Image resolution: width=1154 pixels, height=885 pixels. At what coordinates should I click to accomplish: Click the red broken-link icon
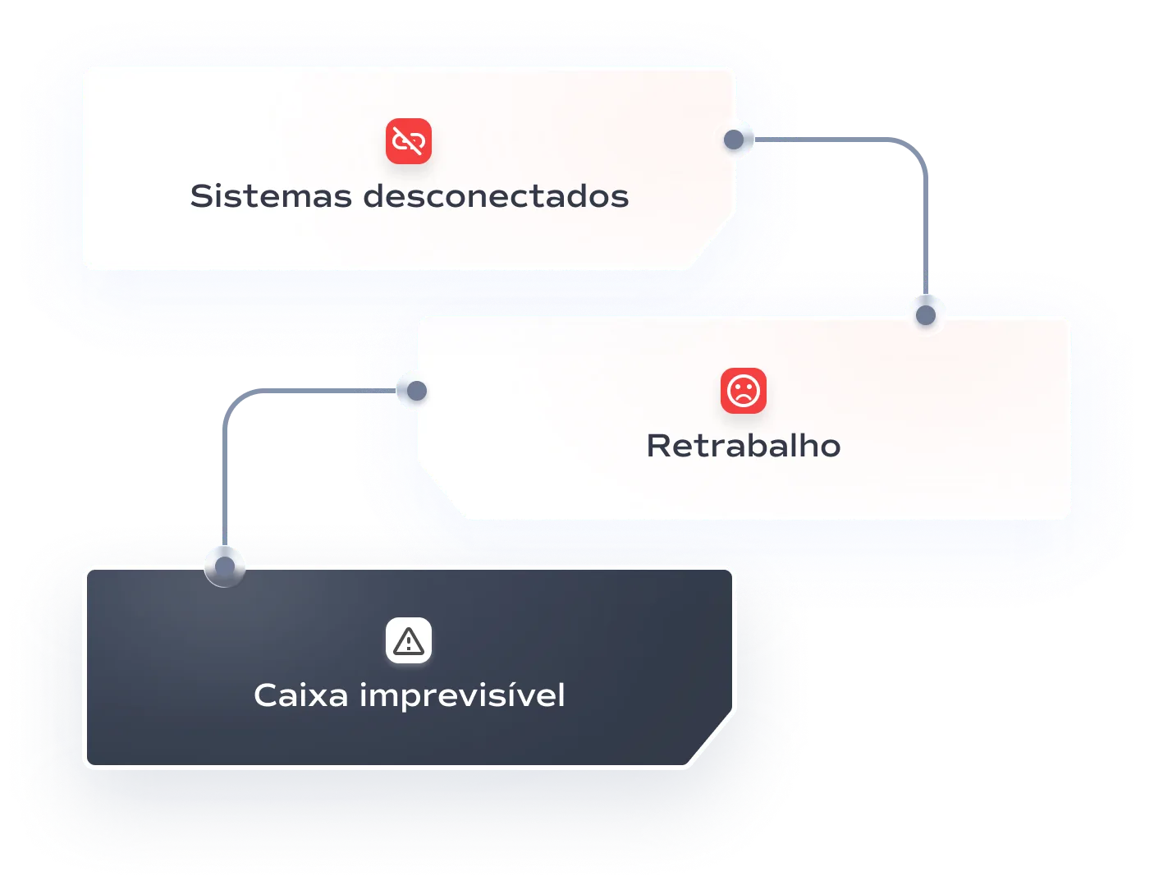point(409,141)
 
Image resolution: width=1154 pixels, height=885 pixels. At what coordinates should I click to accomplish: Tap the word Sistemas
point(271,197)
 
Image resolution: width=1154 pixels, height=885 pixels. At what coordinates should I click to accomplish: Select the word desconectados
point(496,197)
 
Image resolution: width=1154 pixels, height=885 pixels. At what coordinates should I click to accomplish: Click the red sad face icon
point(744,391)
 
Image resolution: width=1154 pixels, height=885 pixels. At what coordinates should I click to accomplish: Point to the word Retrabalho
point(744,446)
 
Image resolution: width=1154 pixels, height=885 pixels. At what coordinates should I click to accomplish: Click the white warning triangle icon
point(409,640)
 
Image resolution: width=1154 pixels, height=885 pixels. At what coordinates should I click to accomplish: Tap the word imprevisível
point(462,695)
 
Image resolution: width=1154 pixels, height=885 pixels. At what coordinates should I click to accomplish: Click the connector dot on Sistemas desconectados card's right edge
point(734,140)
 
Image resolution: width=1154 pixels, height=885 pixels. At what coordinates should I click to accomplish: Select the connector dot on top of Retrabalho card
point(926,315)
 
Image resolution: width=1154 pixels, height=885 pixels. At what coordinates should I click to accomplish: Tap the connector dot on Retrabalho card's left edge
point(417,391)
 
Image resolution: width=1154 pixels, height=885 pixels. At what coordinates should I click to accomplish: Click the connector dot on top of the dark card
point(224,566)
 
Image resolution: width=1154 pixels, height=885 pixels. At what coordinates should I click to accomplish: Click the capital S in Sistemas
point(201,197)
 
